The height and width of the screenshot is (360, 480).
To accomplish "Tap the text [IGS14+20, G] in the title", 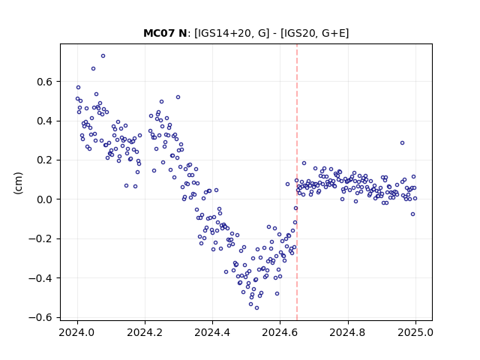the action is pos(232,33).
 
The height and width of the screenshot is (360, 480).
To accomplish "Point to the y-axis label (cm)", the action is pos(18,183).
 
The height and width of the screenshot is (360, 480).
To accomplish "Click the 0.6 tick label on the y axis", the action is pos(44,82).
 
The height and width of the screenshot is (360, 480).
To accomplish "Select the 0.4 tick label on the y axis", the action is pos(44,121).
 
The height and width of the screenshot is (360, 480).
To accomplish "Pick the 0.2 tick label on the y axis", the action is pos(44,160).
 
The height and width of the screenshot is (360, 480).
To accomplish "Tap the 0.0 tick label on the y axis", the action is pos(44,199).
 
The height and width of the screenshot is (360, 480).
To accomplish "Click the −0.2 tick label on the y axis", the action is pos(40,238).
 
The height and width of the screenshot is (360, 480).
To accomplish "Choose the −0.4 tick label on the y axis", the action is pos(40,278).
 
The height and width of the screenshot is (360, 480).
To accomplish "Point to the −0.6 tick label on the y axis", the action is pos(40,317).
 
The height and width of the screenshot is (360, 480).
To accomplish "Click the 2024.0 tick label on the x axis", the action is pos(77,332).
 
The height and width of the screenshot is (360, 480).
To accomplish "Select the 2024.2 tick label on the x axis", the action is pos(145,332).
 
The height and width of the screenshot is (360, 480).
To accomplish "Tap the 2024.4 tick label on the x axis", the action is pos(212,332).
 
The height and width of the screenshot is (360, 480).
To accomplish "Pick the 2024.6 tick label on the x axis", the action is pos(280,332).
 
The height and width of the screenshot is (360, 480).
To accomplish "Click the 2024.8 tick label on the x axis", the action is pos(348,332).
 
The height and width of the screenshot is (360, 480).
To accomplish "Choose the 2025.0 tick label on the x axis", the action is pos(415,332).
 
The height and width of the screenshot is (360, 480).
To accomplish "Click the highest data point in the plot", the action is pos(103,56).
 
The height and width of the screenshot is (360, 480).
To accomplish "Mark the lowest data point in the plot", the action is pos(256,308).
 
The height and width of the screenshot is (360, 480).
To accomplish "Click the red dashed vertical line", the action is pos(297,182).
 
